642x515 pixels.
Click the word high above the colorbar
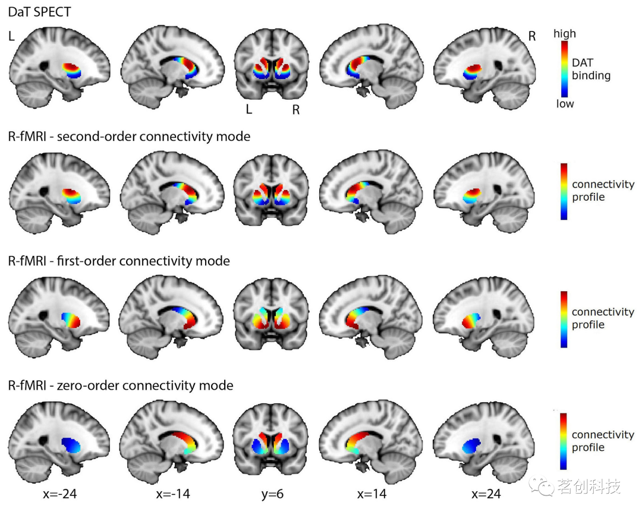[x=564, y=34]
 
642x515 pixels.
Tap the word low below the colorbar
[x=564, y=104]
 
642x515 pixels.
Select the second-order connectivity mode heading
[x=129, y=137]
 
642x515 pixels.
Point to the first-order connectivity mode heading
[x=119, y=261]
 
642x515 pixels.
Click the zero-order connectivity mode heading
[x=121, y=386]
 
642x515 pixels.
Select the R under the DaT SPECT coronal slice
[x=295, y=109]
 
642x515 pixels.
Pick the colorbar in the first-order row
[x=564, y=319]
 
